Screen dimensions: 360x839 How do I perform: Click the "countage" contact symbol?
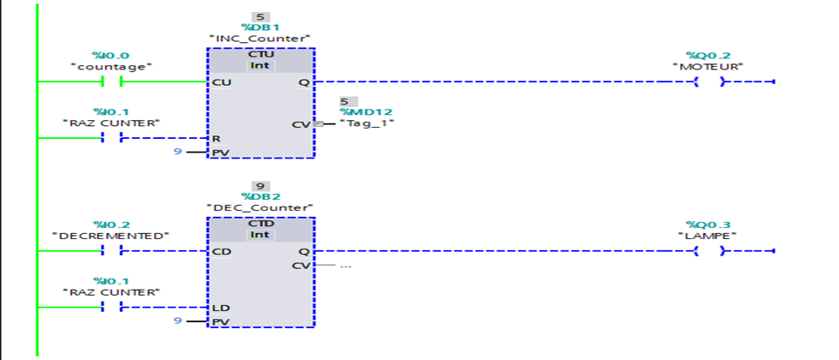[x=111, y=82]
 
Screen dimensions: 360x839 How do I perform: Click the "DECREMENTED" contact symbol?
[x=111, y=251]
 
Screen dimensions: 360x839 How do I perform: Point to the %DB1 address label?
[x=261, y=27]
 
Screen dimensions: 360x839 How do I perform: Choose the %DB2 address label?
[x=261, y=196]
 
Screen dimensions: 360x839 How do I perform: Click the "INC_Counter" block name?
[x=261, y=39]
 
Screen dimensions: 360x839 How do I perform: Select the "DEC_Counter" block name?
[x=261, y=207]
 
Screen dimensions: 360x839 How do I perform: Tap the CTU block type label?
[x=261, y=53]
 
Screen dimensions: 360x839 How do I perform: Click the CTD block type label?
[x=261, y=222]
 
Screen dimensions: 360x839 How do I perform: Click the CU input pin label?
[x=220, y=82]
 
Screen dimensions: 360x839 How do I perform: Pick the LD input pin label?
[x=220, y=308]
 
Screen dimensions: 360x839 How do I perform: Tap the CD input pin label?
[x=220, y=252]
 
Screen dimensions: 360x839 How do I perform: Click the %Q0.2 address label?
[x=708, y=56]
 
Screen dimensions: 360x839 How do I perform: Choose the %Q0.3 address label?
[x=708, y=225]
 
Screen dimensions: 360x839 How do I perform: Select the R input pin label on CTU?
[x=216, y=138]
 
